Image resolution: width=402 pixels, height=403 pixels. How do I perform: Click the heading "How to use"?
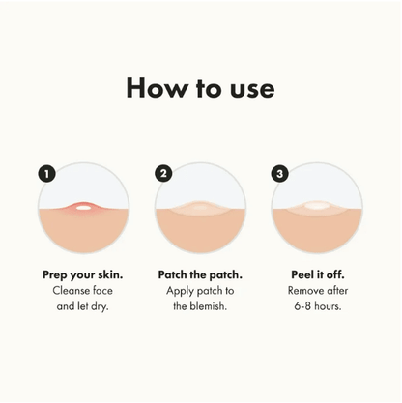click(x=200, y=88)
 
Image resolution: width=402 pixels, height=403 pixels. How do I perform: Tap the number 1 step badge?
click(x=45, y=173)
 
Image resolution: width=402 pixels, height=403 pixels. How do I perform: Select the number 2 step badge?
click(x=163, y=173)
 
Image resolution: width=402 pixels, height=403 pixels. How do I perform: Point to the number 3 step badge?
click(x=280, y=173)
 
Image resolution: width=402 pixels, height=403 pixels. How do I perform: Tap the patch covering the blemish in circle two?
click(x=201, y=206)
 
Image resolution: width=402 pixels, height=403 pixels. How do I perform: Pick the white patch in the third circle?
click(x=317, y=205)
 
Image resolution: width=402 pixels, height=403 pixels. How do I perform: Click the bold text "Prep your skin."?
click(x=83, y=273)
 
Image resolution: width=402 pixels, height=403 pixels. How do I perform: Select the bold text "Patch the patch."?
click(x=201, y=273)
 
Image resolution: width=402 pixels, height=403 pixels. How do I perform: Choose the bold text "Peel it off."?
click(x=317, y=273)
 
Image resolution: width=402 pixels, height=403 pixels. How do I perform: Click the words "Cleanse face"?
click(x=83, y=290)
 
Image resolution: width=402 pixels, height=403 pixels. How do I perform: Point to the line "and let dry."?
click(x=83, y=306)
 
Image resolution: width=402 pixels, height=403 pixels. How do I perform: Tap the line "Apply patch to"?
click(x=201, y=290)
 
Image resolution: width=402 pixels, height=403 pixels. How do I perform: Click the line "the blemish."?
click(x=201, y=306)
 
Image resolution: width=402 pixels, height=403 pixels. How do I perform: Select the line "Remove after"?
click(x=317, y=290)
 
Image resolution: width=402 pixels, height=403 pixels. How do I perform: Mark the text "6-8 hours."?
click(x=317, y=306)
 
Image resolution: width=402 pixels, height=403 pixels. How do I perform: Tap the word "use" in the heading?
click(x=249, y=90)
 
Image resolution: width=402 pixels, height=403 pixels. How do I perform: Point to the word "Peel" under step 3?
click(x=303, y=273)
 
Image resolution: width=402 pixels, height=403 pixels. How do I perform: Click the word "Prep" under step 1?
click(x=57, y=273)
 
